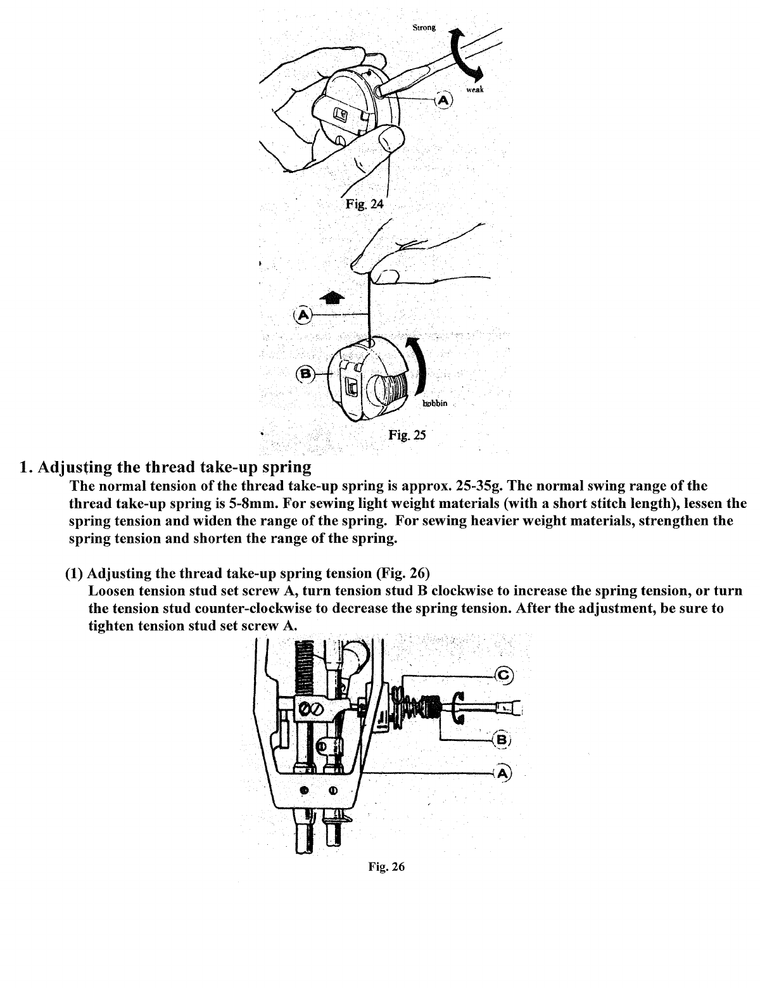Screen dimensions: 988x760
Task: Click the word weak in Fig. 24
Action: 475,90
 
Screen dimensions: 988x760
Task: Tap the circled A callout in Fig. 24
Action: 444,100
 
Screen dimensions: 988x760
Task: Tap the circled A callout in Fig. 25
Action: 303,314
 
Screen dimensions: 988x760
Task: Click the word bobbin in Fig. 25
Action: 434,403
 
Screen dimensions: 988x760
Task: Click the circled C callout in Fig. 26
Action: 504,676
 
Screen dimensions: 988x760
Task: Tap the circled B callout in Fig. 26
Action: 503,740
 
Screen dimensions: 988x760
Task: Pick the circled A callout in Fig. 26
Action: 503,773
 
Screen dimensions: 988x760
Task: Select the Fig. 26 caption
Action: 386,867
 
